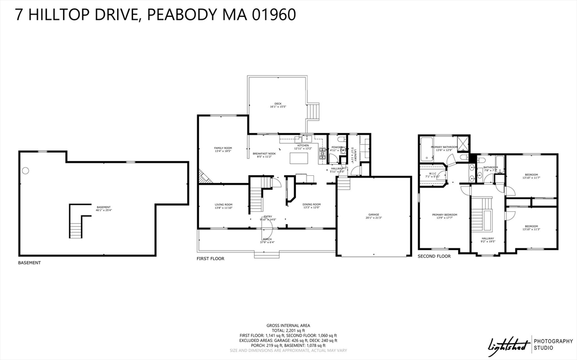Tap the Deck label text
click(277, 105)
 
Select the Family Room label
click(224, 149)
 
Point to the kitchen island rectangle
click(299, 158)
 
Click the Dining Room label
click(312, 206)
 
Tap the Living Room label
click(224, 206)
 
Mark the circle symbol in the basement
click(25, 171)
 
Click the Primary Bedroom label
click(444, 216)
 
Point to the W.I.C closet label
click(433, 175)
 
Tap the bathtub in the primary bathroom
click(425, 148)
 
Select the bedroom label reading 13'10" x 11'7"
click(531, 176)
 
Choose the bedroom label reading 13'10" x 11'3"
click(531, 228)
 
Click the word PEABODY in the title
click(189, 14)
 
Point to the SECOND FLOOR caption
click(434, 256)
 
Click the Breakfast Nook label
click(264, 155)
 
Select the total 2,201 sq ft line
click(288, 330)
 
